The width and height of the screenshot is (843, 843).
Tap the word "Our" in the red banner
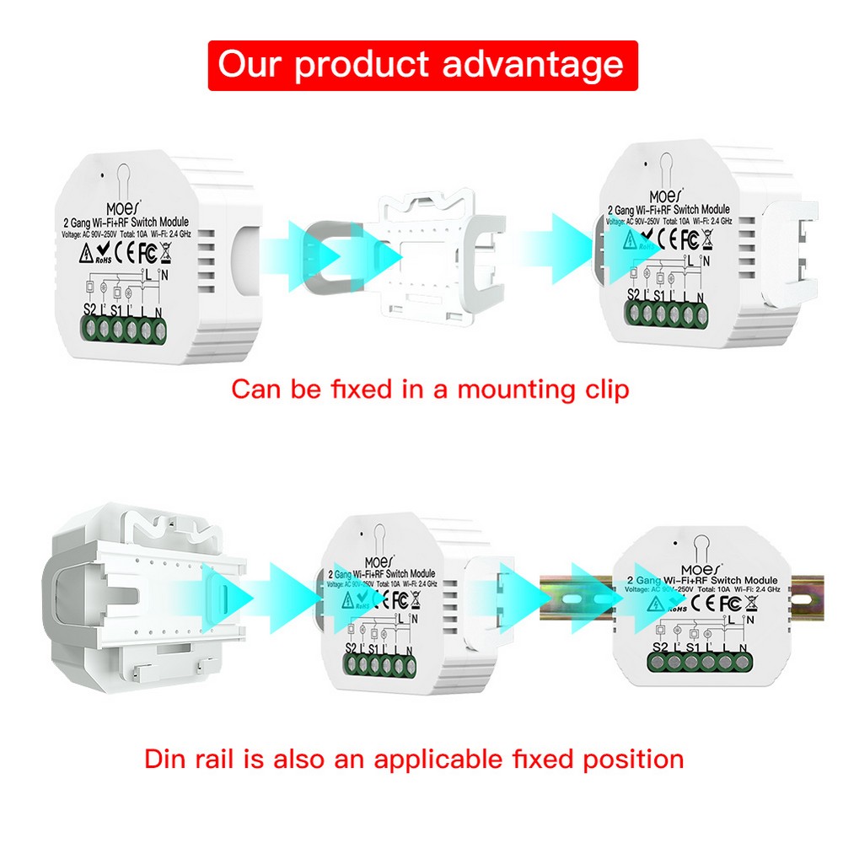(249, 64)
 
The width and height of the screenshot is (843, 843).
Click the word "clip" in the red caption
(601, 390)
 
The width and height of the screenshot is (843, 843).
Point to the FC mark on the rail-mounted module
(729, 604)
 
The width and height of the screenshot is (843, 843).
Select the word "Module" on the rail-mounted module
(762, 581)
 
